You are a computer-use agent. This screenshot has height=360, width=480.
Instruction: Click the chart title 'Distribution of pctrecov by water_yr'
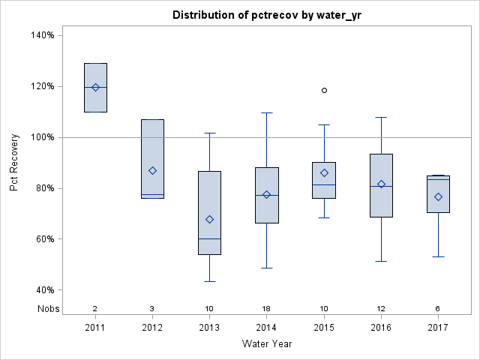click(x=266, y=15)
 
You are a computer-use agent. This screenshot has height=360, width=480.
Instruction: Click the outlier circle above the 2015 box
click(x=324, y=90)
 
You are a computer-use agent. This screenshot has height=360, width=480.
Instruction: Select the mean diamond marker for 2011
click(x=95, y=87)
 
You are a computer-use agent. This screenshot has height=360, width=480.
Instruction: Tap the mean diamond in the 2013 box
click(x=209, y=219)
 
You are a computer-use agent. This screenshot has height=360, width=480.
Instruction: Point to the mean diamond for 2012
click(x=152, y=170)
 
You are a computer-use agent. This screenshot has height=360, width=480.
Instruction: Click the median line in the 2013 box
click(x=209, y=238)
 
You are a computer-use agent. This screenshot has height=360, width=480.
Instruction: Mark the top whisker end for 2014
click(x=267, y=112)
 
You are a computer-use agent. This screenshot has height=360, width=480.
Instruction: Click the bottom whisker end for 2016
click(x=381, y=261)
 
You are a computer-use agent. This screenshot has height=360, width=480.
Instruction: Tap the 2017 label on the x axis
click(x=438, y=328)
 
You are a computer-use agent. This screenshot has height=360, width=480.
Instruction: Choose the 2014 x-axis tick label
click(x=267, y=328)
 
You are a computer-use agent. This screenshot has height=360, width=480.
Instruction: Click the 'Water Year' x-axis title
click(x=267, y=344)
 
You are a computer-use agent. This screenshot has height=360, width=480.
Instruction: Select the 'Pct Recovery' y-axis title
click(x=15, y=162)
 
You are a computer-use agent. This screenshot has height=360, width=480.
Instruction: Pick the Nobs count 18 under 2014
click(x=267, y=308)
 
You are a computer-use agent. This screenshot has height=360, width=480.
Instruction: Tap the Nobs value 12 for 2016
click(x=381, y=308)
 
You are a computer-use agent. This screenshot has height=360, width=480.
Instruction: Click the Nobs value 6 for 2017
click(x=438, y=308)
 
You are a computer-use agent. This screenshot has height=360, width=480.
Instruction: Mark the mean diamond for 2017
click(x=438, y=196)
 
